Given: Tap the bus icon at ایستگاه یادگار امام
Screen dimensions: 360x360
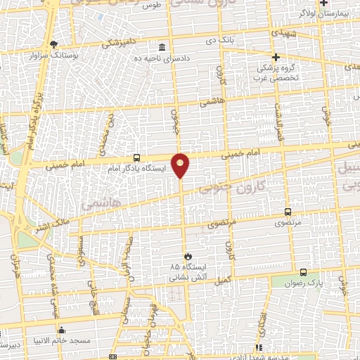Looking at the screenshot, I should [137, 159].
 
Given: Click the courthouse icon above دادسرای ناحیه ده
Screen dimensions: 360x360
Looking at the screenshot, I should [162, 47].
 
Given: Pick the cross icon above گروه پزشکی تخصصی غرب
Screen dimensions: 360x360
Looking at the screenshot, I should [276, 57].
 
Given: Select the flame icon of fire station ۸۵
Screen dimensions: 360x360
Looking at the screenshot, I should [188, 256].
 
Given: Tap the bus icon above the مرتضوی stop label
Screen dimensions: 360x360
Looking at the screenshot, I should [288, 212].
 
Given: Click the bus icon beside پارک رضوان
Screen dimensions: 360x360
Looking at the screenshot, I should [303, 272].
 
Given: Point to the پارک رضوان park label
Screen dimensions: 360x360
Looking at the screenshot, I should [302, 283].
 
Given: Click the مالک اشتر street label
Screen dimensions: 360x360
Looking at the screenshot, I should [55, 227].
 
